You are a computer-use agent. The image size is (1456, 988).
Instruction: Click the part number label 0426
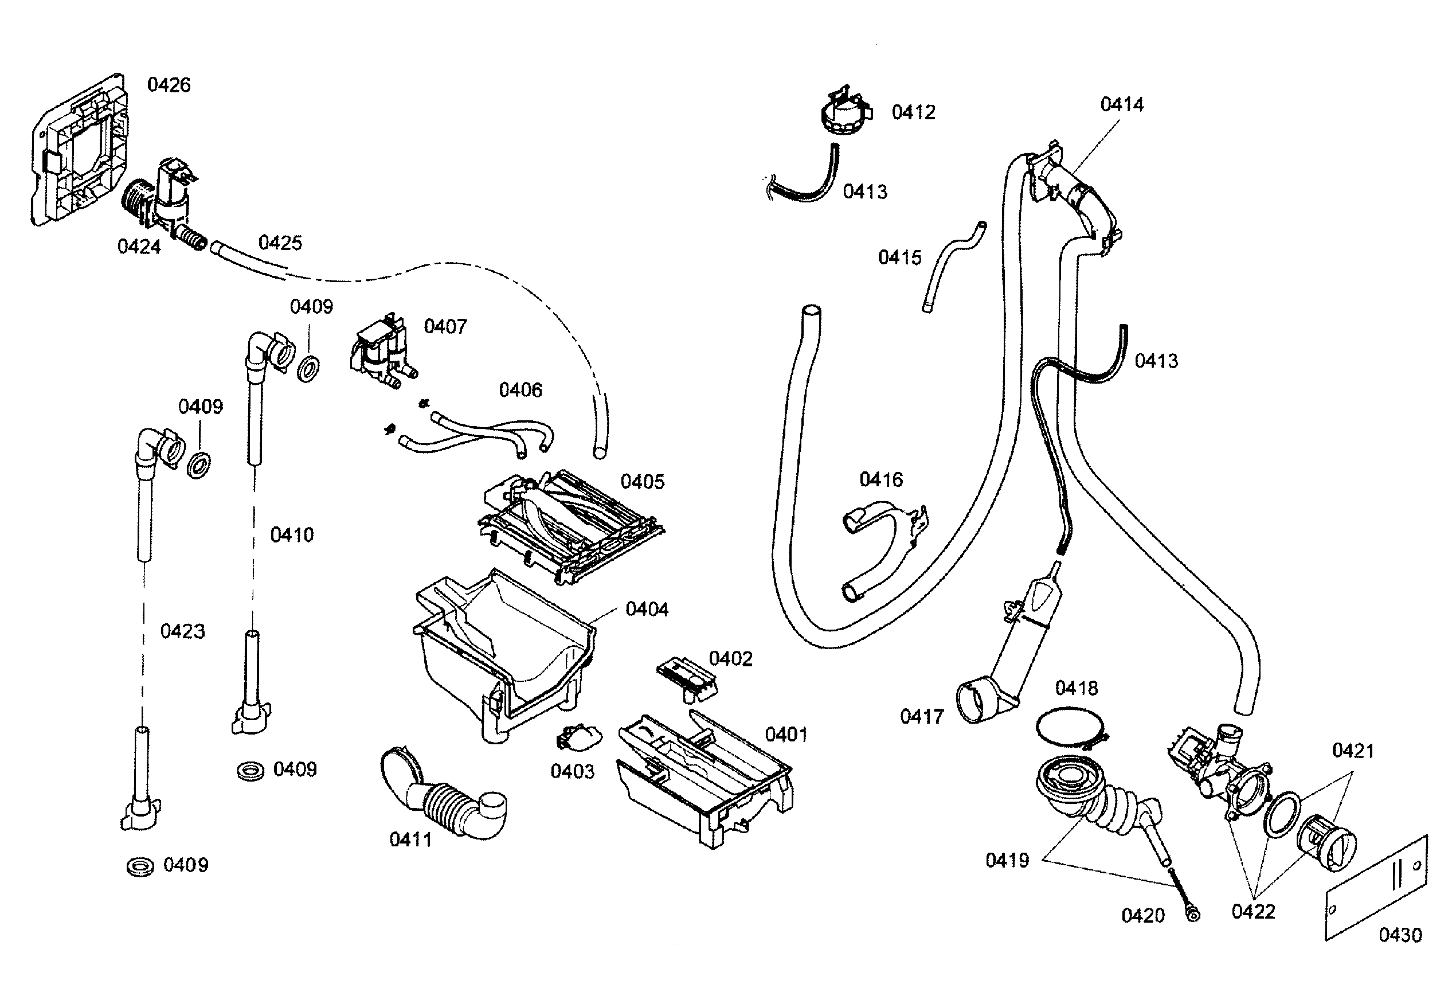click(169, 85)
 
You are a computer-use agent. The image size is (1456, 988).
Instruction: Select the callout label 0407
click(445, 327)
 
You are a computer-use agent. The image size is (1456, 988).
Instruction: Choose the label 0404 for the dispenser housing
click(647, 610)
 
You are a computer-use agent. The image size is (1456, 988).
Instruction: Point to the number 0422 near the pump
click(1253, 912)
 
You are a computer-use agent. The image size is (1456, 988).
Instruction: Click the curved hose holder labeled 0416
click(883, 545)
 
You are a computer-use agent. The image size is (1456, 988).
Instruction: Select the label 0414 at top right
click(1121, 105)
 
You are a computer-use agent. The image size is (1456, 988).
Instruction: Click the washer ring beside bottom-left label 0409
click(140, 867)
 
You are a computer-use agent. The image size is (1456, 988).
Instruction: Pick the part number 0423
click(182, 631)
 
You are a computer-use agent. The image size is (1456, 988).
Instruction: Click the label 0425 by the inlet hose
click(280, 243)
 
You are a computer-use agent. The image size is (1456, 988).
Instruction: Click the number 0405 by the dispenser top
click(642, 482)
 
